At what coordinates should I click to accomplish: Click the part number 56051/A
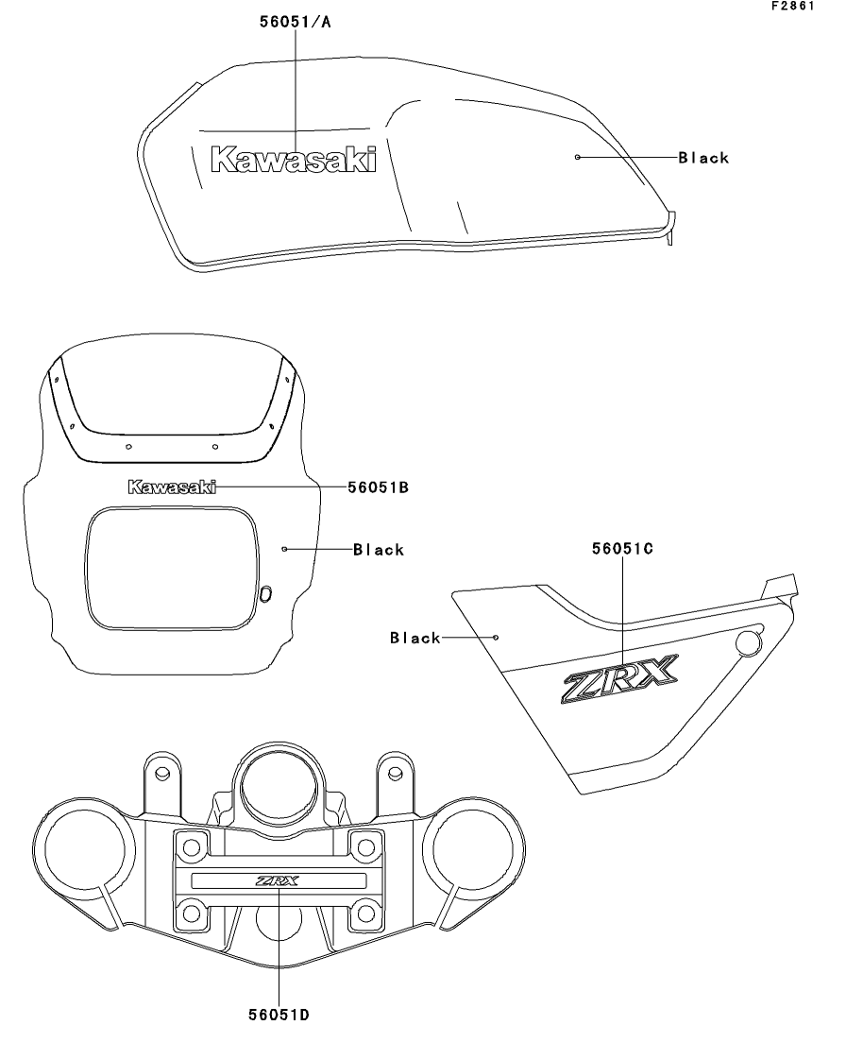[295, 22]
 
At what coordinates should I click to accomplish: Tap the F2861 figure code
[792, 6]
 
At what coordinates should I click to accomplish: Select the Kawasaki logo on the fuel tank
[293, 160]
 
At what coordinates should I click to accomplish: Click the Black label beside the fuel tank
[703, 158]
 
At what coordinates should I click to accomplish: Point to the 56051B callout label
[378, 487]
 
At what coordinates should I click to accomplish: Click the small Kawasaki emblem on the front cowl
[172, 487]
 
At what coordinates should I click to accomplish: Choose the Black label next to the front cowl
[379, 550]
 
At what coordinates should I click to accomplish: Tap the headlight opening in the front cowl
[172, 568]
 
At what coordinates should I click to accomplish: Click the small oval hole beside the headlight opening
[265, 594]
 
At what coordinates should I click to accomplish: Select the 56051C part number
[622, 548]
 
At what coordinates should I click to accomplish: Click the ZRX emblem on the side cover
[619, 678]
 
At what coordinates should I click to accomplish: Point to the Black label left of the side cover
[415, 638]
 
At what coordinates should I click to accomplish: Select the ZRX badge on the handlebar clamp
[278, 881]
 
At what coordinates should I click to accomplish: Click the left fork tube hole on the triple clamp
[83, 850]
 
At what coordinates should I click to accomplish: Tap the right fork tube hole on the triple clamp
[472, 850]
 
